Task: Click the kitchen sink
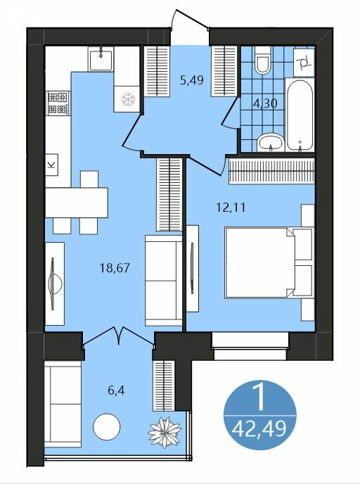[101, 59]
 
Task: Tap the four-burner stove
[58, 103]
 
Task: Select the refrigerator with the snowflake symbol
[128, 98]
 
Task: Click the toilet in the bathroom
[263, 60]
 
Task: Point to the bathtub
[300, 115]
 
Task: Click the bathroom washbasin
[271, 143]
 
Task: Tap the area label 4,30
[265, 103]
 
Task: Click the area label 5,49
[192, 81]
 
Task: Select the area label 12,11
[231, 207]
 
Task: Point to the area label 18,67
[115, 267]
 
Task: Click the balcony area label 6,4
[116, 390]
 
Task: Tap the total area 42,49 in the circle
[259, 428]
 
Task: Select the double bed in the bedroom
[269, 262]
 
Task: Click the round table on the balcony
[107, 427]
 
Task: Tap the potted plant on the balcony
[165, 432]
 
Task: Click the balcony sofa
[63, 404]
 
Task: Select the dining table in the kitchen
[77, 203]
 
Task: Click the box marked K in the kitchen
[52, 165]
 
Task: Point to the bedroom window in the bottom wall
[250, 346]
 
